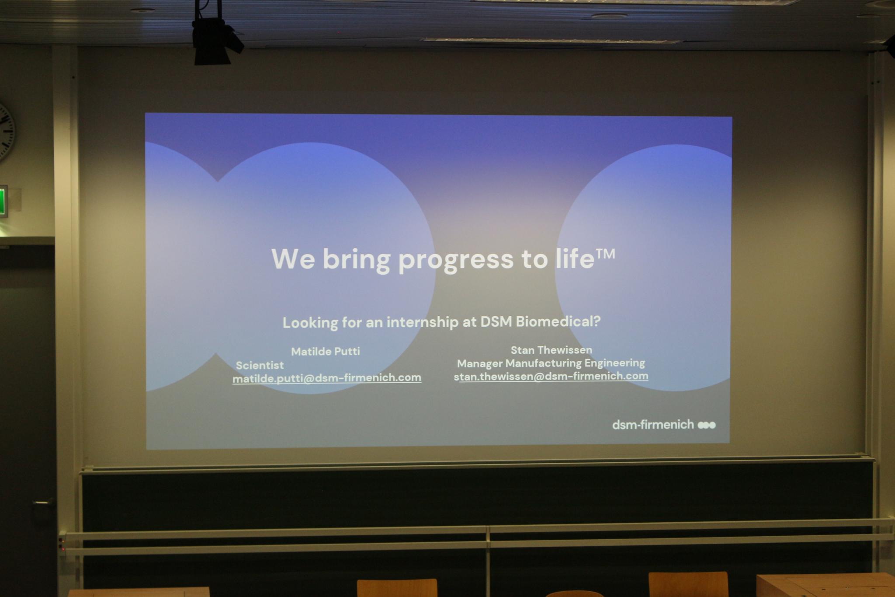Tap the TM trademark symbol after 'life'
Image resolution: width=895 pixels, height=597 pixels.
click(605, 255)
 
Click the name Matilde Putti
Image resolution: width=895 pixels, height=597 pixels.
click(326, 351)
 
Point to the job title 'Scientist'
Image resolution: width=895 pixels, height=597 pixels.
click(260, 365)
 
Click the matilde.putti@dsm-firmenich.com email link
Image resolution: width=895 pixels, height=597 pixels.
click(327, 378)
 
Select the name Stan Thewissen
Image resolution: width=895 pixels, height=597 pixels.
click(552, 350)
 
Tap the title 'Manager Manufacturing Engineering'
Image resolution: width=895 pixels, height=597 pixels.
click(551, 363)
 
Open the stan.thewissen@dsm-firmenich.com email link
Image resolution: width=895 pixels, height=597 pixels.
click(551, 376)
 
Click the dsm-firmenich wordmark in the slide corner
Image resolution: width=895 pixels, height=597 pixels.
click(653, 425)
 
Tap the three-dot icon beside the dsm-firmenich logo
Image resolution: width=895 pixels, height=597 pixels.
click(707, 425)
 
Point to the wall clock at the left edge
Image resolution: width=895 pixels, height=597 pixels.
click(6, 132)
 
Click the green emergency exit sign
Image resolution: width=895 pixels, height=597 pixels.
click(3, 201)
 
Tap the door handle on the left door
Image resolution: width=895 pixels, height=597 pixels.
click(44, 503)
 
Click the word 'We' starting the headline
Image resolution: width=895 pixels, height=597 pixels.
click(293, 259)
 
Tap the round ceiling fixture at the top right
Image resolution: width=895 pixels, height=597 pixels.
click(610, 16)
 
